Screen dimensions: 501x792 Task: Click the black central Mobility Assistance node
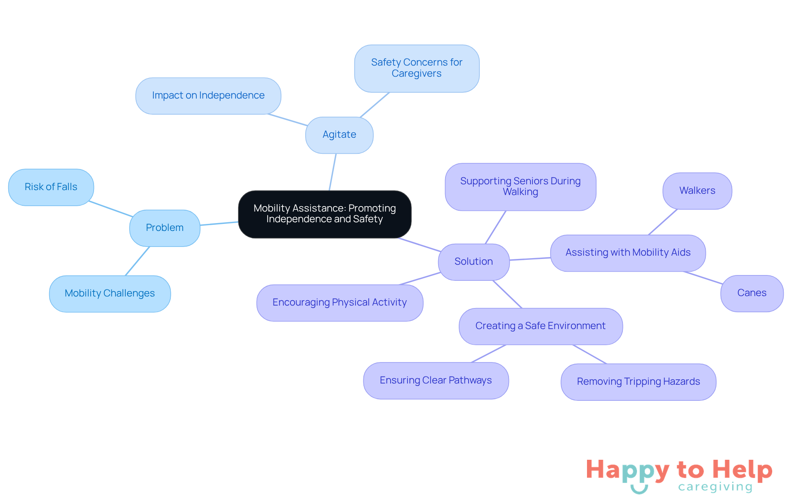[x=325, y=214]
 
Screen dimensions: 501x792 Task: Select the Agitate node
[x=339, y=135]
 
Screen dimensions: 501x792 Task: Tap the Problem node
[x=165, y=228]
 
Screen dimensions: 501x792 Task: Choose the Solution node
[x=474, y=262]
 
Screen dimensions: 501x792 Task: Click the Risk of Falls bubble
[x=51, y=187]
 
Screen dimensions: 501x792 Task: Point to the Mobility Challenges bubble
[x=110, y=294]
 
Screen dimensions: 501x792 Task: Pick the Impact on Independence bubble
[x=208, y=96]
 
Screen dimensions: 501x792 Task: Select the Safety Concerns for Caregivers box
[x=417, y=68]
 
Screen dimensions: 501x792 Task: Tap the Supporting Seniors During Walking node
[x=520, y=187]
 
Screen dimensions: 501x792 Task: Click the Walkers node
[x=697, y=191]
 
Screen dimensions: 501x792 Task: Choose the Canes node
[x=752, y=293]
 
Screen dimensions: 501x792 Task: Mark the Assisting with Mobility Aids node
[x=627, y=253]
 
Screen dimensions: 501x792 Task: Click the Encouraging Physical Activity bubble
[x=339, y=303]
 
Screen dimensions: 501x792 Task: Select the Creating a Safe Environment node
[x=540, y=326]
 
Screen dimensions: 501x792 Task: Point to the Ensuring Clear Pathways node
[x=436, y=381]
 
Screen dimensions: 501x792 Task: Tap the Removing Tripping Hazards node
[x=638, y=382]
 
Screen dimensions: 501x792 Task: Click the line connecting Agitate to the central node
[x=332, y=172]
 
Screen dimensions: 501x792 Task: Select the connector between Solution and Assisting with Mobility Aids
[x=530, y=259]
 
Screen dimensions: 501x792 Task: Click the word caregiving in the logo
[x=715, y=487]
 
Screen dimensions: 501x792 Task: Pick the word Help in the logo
[x=742, y=470]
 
